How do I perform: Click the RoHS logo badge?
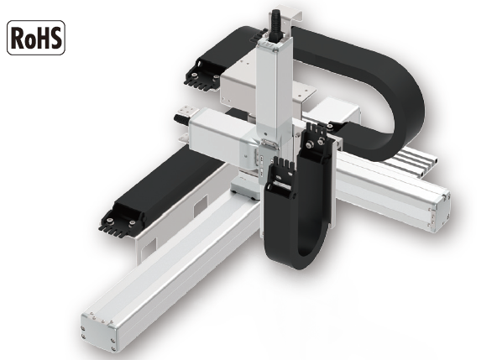pyautogui.click(x=36, y=38)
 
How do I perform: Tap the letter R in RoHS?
pyautogui.click(x=18, y=38)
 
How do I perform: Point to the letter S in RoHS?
pyautogui.click(x=55, y=38)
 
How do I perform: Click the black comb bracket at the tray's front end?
pyautogui.click(x=121, y=221)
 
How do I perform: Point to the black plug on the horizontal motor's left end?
pyautogui.click(x=181, y=120)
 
